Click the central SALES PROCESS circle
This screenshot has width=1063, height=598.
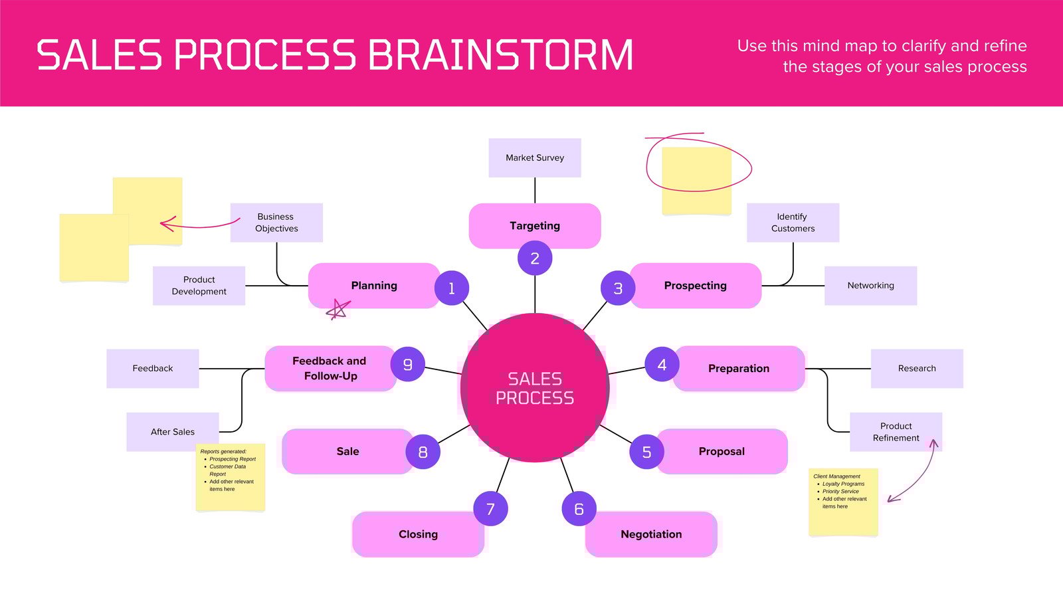tap(535, 387)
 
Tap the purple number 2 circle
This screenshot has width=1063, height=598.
tap(535, 258)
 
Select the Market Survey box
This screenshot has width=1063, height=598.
tap(535, 157)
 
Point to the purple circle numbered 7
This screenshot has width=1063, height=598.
tap(490, 509)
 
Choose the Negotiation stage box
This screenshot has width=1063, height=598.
tap(651, 534)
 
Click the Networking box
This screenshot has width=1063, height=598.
tap(870, 286)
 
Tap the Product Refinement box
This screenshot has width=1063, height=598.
tap(896, 432)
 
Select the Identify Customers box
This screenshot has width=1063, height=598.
tap(793, 223)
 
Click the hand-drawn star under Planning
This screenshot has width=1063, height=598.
tap(338, 310)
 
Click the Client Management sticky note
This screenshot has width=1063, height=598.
tap(843, 502)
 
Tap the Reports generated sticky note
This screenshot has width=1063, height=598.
tap(230, 477)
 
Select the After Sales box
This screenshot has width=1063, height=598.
tap(173, 432)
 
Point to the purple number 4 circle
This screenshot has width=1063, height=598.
tap(662, 365)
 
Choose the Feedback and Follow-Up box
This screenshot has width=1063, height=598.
tap(330, 368)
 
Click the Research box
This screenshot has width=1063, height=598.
tap(917, 368)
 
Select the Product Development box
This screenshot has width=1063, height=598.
tap(199, 286)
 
